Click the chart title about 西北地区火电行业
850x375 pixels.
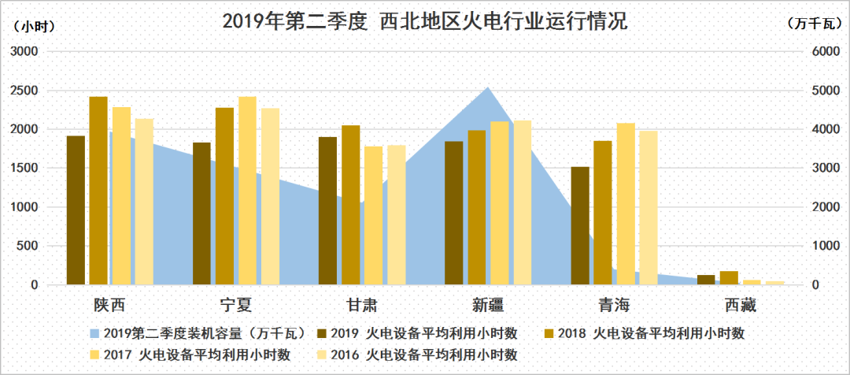pos(424,21)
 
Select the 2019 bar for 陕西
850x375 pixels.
pos(76,210)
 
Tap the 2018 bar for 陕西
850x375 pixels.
pos(98,190)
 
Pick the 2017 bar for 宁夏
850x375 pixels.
pos(248,190)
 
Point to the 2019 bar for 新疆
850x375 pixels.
pos(454,213)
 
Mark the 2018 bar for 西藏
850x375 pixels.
pos(729,277)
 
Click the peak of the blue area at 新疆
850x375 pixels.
pos(488,88)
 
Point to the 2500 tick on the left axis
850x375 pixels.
pos(25,91)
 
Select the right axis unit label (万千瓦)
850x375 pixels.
pos(815,25)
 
